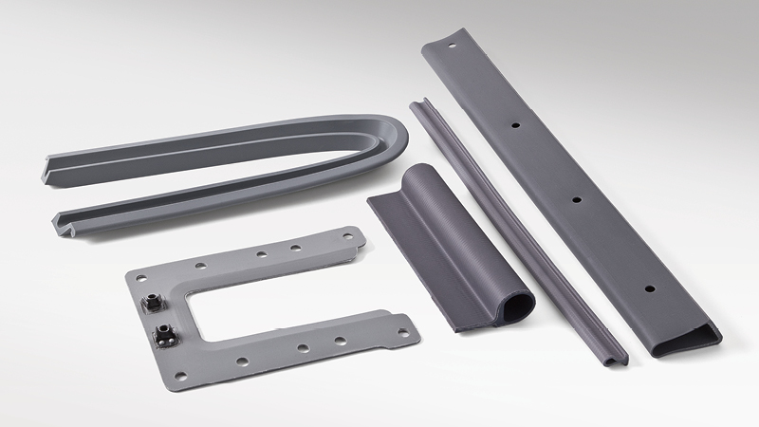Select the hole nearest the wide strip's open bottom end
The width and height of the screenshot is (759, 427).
click(649, 287)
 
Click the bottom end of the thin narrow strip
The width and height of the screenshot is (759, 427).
click(617, 358)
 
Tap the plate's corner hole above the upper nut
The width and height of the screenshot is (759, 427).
click(140, 279)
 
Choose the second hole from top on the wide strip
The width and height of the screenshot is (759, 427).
click(513, 123)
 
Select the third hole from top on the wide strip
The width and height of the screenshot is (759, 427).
click(576, 200)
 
